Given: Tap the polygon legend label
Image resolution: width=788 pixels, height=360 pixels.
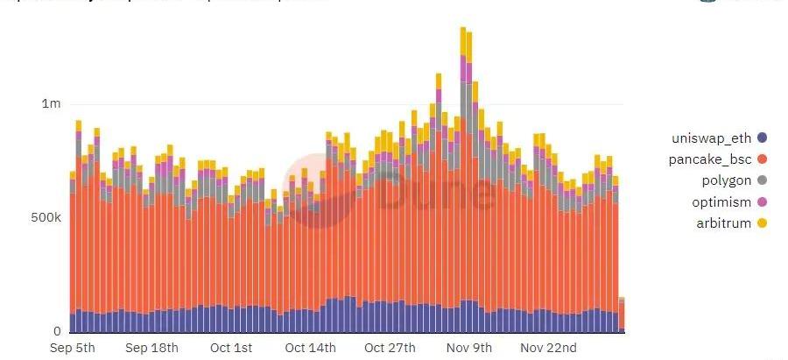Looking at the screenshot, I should (727, 180).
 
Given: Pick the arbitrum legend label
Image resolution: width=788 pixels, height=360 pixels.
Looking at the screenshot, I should (722, 223).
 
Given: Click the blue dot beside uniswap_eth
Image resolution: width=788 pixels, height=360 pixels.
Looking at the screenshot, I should (762, 138).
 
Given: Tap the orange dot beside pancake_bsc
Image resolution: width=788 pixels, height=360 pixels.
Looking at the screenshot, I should (762, 159).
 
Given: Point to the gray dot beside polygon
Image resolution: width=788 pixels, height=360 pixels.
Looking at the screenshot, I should (762, 180).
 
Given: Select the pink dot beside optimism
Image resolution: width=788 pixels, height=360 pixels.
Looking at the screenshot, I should (762, 202).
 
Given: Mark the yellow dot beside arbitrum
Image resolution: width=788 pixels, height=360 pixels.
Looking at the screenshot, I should (762, 223).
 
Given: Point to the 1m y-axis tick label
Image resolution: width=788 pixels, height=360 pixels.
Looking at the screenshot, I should (51, 104).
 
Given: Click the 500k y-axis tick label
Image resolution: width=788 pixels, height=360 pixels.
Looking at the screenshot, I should (46, 217).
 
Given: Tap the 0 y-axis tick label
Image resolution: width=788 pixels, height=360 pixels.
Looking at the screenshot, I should (57, 331).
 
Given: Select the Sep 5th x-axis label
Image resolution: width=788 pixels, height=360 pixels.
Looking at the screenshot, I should (73, 348).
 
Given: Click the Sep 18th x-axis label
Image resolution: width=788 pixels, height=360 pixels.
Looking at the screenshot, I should (151, 348).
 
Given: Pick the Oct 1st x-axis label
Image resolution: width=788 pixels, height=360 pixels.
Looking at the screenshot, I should (232, 348).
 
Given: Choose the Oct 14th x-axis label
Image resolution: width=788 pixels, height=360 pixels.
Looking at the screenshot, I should (310, 348).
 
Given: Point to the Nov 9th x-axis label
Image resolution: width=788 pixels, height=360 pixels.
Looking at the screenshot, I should (469, 348).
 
